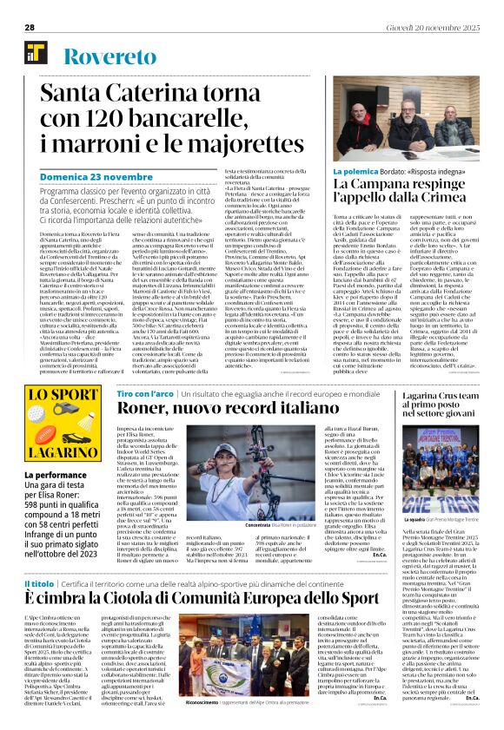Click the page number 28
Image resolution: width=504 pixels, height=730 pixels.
coord(30,28)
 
